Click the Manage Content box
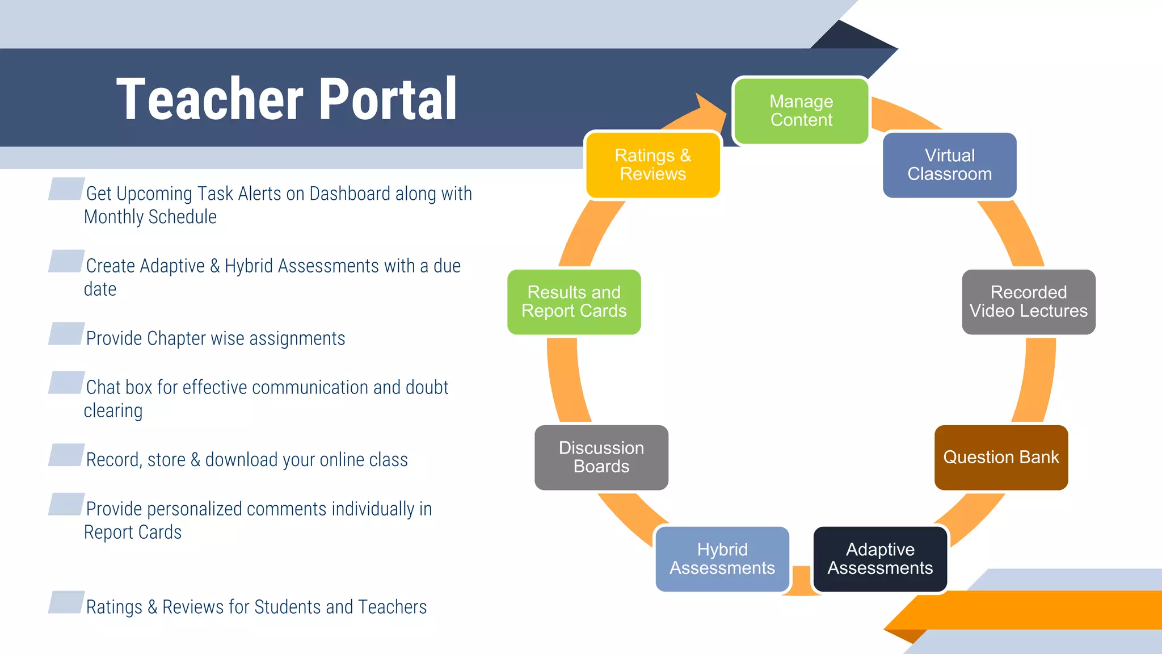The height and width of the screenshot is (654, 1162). [801, 111]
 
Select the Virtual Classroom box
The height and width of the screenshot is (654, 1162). [949, 165]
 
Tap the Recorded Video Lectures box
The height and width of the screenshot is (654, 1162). [1028, 301]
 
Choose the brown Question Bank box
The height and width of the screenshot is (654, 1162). [1001, 457]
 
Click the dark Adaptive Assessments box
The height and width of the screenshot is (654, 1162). [880, 559]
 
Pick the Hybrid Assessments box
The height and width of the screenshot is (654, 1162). [722, 559]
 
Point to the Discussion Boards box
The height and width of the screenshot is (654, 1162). [601, 457]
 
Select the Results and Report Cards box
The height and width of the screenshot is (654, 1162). [574, 301]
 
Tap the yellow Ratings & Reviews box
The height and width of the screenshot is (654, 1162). [652, 165]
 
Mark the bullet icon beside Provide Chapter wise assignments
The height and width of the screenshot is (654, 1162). [66, 334]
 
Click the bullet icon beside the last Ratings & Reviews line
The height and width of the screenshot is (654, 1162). [66, 602]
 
